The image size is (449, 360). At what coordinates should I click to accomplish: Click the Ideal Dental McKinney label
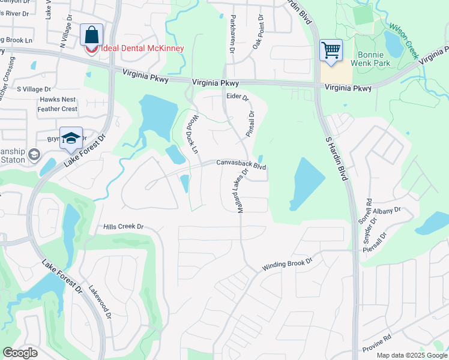pos(142,49)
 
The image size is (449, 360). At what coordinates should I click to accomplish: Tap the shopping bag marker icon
pos(91,35)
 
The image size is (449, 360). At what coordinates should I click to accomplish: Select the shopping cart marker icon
pos(331,50)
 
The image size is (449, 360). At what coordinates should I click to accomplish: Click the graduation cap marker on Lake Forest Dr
pos(71,138)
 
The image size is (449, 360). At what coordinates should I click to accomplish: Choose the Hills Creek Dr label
pos(124,226)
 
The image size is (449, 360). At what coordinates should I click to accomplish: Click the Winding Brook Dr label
pos(288,265)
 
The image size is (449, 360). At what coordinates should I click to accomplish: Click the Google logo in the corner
pos(20,353)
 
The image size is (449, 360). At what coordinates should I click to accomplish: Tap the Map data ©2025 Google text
pos(411,355)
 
